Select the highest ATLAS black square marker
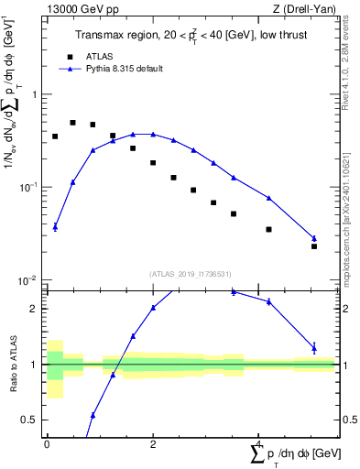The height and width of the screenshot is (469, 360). click(x=73, y=122)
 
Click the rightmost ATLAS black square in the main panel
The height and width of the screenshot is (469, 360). click(x=314, y=246)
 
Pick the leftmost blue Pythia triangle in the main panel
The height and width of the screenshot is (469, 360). click(x=55, y=226)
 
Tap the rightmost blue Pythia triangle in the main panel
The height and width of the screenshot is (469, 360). click(x=314, y=238)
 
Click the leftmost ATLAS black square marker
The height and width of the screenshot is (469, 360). click(x=55, y=136)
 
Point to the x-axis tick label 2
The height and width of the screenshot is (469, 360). click(x=152, y=444)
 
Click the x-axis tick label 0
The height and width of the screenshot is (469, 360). click(x=47, y=444)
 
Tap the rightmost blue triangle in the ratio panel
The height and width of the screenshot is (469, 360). click(x=314, y=347)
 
